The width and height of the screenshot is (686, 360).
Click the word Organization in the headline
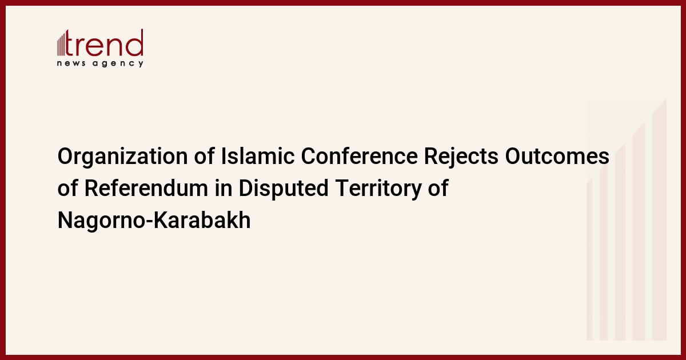pyautogui.click(x=122, y=157)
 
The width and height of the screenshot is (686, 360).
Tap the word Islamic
pyautogui.click(x=258, y=156)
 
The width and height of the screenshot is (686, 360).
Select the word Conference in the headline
pyautogui.click(x=359, y=156)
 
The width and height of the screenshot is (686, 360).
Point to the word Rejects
pyautogui.click(x=461, y=157)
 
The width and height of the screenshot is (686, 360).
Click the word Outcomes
pyautogui.click(x=557, y=156)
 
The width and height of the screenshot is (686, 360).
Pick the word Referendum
pyautogui.click(x=146, y=188)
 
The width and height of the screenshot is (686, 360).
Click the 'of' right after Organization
pyautogui.click(x=204, y=156)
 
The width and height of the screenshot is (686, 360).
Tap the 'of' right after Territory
pyautogui.click(x=438, y=187)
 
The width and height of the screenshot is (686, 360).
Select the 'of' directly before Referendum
pyautogui.click(x=67, y=187)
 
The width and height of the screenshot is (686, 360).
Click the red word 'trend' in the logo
pyautogui.click(x=104, y=43)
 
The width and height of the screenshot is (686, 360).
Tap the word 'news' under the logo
pyautogui.click(x=71, y=63)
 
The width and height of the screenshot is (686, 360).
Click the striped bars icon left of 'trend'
pyautogui.click(x=61, y=43)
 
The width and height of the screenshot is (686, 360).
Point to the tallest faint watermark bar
pyautogui.click(x=659, y=219)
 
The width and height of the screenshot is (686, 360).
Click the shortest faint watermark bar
pyautogui.click(x=589, y=259)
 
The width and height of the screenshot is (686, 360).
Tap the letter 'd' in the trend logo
pyautogui.click(x=135, y=43)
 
